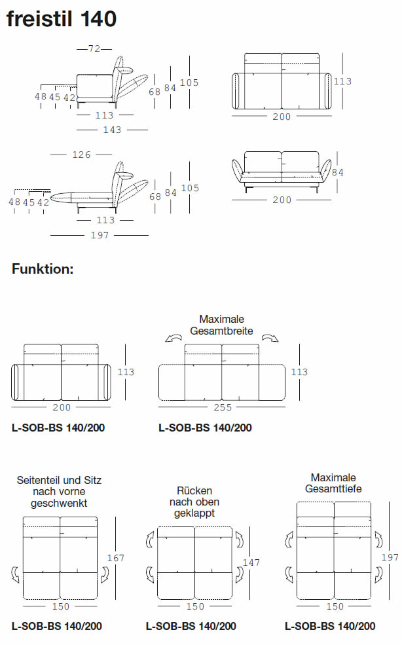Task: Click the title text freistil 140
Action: point(62,19)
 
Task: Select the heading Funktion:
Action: point(43,268)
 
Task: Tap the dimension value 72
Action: point(94,48)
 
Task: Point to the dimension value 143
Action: point(112,130)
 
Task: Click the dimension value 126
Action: point(81,155)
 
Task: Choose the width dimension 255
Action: point(222,407)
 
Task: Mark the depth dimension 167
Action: point(115,558)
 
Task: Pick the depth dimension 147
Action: point(251,562)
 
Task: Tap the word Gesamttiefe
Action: point(333,488)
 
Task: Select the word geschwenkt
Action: point(59,503)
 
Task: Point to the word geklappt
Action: point(194,513)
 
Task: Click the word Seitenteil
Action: point(39,480)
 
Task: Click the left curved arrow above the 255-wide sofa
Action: point(174,338)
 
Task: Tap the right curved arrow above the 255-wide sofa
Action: point(268,338)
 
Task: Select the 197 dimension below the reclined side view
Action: point(99,236)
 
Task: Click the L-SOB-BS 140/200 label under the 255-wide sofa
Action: point(205,428)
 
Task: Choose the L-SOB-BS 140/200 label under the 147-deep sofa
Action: point(191,626)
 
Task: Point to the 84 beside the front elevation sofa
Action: point(338,172)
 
